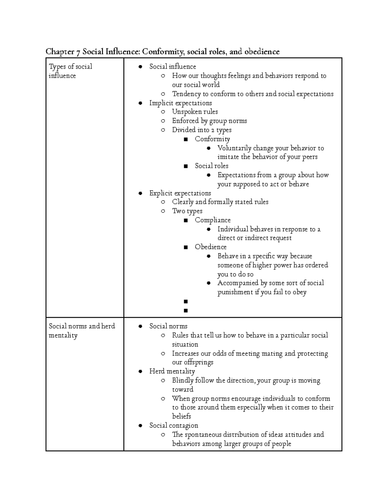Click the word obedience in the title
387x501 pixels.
[x=262, y=52]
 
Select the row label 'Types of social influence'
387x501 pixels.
[x=70, y=71]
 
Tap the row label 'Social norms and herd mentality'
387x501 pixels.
[x=82, y=331]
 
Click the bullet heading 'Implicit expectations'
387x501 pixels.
[x=181, y=103]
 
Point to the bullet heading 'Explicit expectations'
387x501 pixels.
[x=180, y=193]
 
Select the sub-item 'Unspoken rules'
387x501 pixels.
[x=195, y=112]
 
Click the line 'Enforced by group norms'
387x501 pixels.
[x=209, y=121]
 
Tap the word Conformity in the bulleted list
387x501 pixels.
[x=212, y=139]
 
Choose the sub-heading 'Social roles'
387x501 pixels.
[x=211, y=166]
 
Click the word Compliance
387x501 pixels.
[x=213, y=220]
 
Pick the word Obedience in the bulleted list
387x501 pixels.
[x=211, y=247]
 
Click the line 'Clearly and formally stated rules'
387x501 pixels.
[x=220, y=202]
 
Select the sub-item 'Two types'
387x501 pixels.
[x=187, y=211]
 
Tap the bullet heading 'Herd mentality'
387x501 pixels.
[x=172, y=371]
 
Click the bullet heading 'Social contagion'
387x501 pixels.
[x=174, y=426]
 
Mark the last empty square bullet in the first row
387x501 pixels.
[x=185, y=311]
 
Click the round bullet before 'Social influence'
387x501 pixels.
[x=140, y=67]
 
